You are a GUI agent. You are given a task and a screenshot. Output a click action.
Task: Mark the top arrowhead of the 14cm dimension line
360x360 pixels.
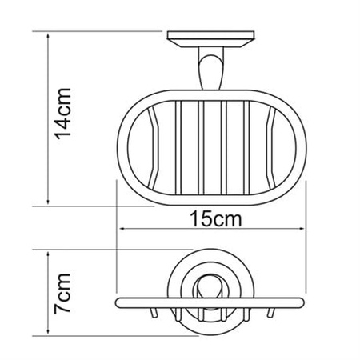coord(48,37)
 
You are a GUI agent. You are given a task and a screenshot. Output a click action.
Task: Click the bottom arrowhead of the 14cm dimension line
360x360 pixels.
coord(48,203)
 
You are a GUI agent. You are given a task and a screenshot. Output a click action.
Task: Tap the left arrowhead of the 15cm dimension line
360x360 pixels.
coord(122,230)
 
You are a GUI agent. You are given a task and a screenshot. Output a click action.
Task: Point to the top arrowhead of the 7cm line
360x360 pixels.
coord(48,253)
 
